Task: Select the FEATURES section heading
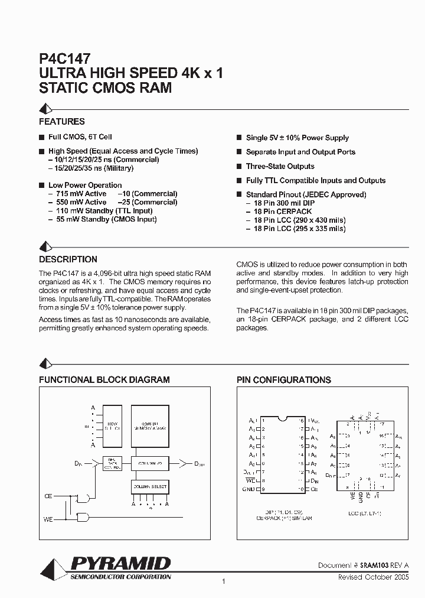pyautogui.click(x=62, y=122)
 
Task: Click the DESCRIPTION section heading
pyautogui.click(x=68, y=259)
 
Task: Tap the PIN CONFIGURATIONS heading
pyautogui.click(x=283, y=380)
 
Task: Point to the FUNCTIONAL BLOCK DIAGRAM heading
pyautogui.click(x=104, y=380)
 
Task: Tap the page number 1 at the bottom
pyautogui.click(x=224, y=583)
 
